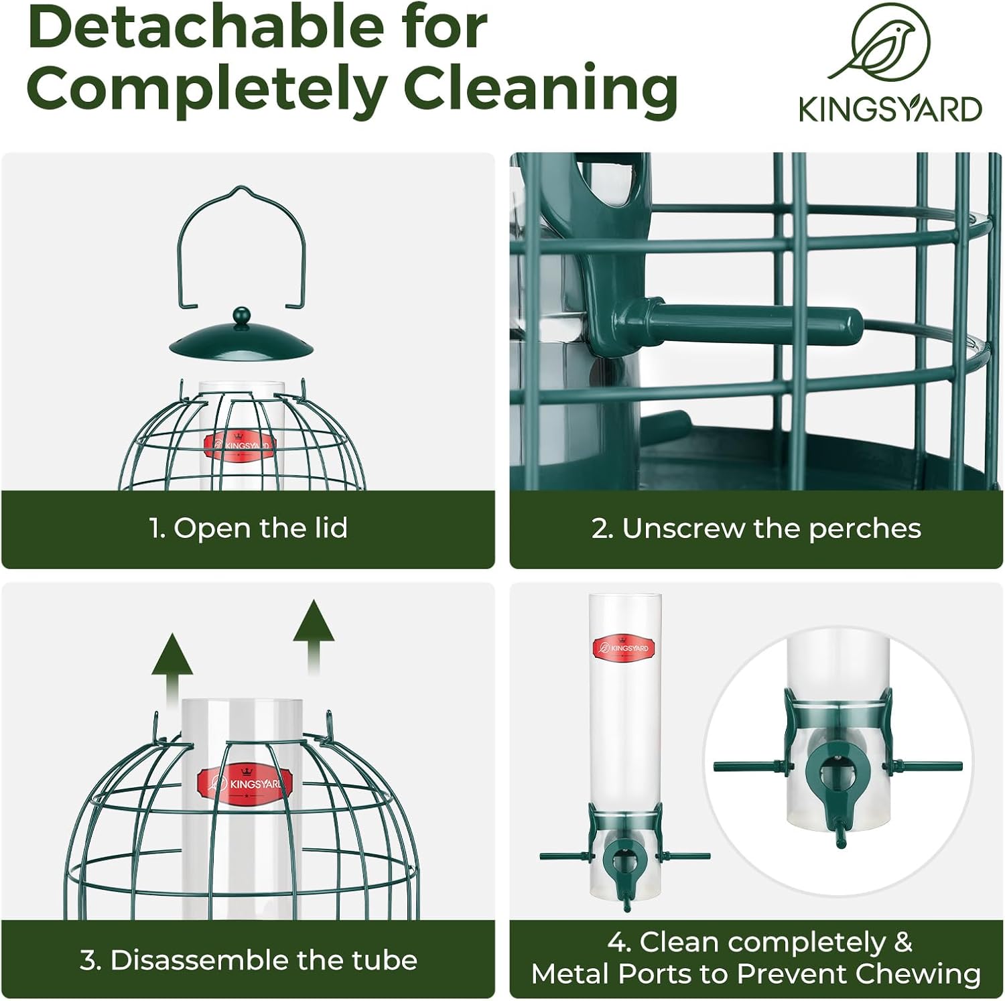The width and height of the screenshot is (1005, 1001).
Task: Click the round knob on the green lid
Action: [x=241, y=315]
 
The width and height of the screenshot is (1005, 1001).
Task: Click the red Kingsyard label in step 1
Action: [x=239, y=446]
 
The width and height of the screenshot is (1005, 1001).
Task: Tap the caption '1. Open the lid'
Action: [x=248, y=529]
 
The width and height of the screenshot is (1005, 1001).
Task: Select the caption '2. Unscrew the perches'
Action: [x=756, y=529]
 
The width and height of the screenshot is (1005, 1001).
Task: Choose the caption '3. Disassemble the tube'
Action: [x=248, y=960]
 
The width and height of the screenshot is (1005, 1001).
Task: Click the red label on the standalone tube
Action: [x=621, y=648]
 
